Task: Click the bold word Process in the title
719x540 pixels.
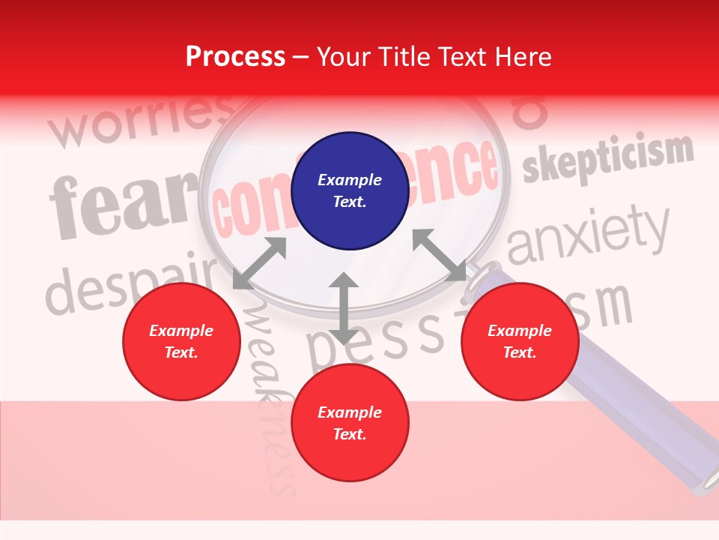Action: pyautogui.click(x=235, y=57)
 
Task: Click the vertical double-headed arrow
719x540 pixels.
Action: pyautogui.click(x=344, y=308)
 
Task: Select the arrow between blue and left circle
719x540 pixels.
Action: pyautogui.click(x=260, y=262)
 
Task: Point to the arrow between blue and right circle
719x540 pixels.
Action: pyautogui.click(x=439, y=255)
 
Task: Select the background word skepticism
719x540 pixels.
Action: pyautogui.click(x=607, y=159)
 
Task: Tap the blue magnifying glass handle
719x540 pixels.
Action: pyautogui.click(x=637, y=405)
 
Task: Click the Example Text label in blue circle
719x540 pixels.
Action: pyautogui.click(x=350, y=190)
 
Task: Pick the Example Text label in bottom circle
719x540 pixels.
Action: pyautogui.click(x=350, y=423)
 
